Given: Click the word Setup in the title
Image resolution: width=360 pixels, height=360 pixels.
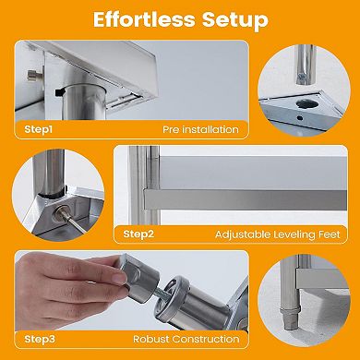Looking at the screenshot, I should coord(236,19).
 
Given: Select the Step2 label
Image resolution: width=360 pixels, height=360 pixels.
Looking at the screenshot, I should coord(138,235).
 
